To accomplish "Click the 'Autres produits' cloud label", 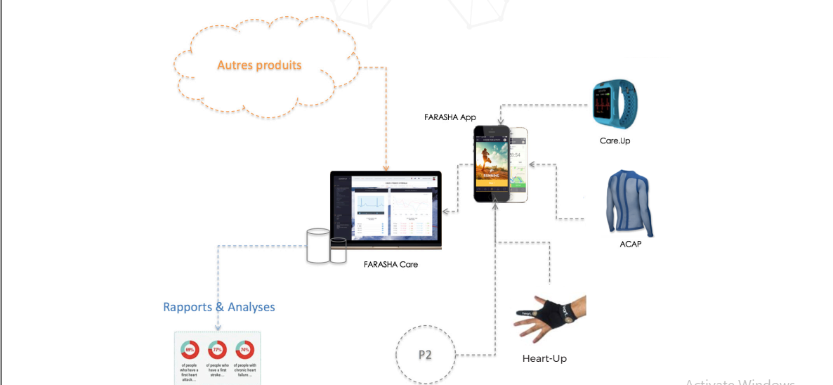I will coord(259,65).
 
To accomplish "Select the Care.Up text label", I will coord(615,141).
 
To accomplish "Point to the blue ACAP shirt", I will coord(629,202).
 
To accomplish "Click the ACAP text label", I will coord(630,244).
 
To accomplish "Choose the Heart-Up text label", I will coord(544,358).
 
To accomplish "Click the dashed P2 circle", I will coord(425,354).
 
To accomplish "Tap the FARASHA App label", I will coord(450,117).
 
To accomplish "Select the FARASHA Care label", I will coord(391,264).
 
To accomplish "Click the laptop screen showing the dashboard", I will coord(386,208).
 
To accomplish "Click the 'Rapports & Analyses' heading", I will coord(219,307).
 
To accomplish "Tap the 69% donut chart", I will coord(190,349).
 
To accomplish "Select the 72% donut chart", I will coord(218,349).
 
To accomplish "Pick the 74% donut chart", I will coord(244,349).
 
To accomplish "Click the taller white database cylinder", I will coord(318,245).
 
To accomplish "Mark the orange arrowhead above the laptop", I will coord(385,169).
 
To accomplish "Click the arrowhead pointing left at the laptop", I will coord(445,211).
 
